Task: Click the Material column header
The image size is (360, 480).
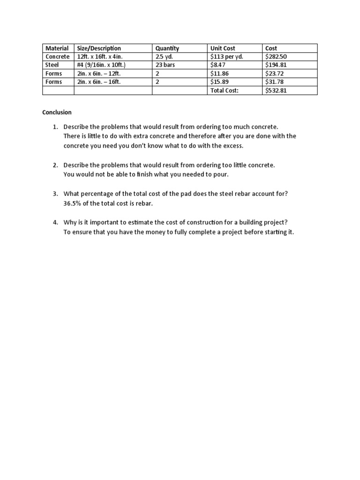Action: point(57,48)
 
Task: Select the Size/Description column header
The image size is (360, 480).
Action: point(99,48)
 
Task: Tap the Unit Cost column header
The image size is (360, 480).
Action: point(223,48)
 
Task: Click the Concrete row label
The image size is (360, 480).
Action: point(57,57)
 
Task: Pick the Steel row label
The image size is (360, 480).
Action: point(52,65)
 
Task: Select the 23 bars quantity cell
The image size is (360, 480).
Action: point(165,65)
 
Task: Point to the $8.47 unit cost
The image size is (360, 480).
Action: point(219,65)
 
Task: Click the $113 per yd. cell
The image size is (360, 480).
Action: point(227,57)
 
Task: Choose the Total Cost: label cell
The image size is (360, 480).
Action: point(225,90)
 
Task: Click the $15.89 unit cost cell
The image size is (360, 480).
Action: point(221,82)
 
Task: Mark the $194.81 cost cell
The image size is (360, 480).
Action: point(276,65)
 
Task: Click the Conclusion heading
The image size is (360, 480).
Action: point(57,112)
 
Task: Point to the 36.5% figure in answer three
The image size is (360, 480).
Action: point(73,203)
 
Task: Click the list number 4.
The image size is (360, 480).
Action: point(55,222)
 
